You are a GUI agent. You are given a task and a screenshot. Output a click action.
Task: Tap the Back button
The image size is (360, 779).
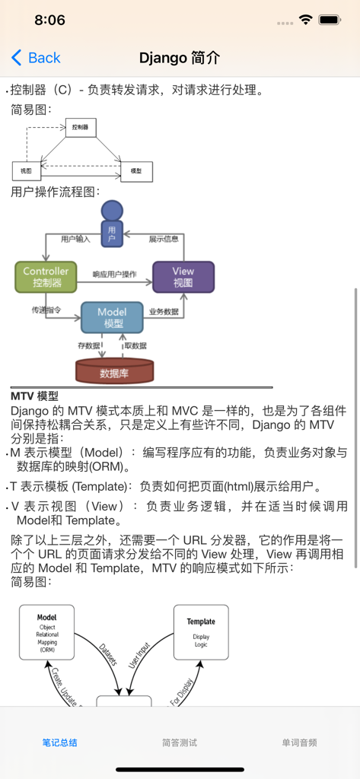pyautogui.click(x=36, y=58)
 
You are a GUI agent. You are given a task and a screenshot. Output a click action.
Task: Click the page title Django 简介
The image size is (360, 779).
pyautogui.click(x=180, y=58)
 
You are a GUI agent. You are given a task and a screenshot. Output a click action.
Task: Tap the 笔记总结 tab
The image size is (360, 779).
pyautogui.click(x=59, y=742)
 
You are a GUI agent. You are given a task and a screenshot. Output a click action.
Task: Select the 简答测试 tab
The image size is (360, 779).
pyautogui.click(x=180, y=742)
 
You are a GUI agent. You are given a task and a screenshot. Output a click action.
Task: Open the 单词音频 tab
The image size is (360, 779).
pyautogui.click(x=299, y=742)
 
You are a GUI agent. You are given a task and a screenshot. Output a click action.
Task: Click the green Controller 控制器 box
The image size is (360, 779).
pyautogui.click(x=46, y=278)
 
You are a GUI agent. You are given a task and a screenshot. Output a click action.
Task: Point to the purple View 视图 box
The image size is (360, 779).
pyautogui.click(x=183, y=277)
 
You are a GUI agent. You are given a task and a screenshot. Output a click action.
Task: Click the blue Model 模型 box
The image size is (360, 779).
pyautogui.click(x=113, y=317)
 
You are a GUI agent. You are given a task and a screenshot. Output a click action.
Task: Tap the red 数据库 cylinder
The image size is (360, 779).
pyautogui.click(x=114, y=372)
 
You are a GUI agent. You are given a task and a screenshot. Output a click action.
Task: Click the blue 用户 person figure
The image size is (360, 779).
pyautogui.click(x=112, y=224)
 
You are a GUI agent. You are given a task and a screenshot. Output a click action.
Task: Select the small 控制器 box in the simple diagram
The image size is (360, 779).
pyautogui.click(x=81, y=128)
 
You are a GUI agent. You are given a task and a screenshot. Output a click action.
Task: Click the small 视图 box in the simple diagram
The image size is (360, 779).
pyautogui.click(x=27, y=171)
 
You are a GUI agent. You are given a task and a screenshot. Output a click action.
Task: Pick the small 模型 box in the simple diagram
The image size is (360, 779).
pyautogui.click(x=136, y=171)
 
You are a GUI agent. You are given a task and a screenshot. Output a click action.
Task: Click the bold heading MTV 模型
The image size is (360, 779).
pyautogui.click(x=34, y=396)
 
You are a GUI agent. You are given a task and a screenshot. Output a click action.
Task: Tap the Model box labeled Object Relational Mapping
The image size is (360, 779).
pyautogui.click(x=46, y=632)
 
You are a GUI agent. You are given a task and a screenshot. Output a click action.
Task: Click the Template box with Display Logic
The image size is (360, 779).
pyautogui.click(x=201, y=632)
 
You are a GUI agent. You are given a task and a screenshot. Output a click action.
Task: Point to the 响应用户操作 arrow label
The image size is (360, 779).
pyautogui.click(x=114, y=274)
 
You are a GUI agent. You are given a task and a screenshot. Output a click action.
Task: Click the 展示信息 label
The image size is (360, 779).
pyautogui.click(x=164, y=239)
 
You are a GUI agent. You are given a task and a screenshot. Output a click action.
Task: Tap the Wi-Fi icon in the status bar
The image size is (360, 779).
pyautogui.click(x=306, y=20)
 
